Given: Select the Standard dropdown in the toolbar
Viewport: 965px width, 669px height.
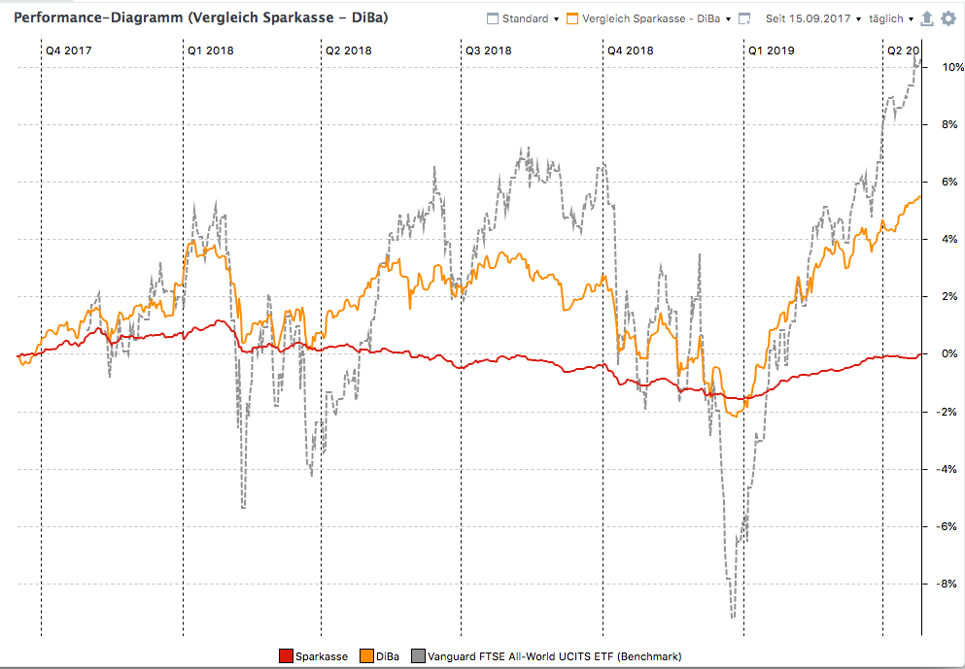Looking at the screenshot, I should click(x=523, y=18).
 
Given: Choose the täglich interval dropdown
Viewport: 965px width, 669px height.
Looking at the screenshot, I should click(x=889, y=18).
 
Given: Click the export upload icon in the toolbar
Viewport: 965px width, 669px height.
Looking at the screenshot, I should click(x=926, y=18).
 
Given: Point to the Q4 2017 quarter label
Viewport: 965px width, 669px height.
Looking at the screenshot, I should click(x=69, y=50).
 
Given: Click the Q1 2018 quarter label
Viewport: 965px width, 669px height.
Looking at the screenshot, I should click(x=210, y=50).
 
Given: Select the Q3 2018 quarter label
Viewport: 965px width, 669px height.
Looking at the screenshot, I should click(x=488, y=50).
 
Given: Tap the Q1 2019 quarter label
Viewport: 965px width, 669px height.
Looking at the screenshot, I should click(x=771, y=50).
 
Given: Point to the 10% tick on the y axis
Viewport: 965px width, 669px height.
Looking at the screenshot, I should click(x=943, y=67).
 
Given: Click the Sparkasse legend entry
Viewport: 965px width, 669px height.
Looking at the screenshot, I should click(x=313, y=656).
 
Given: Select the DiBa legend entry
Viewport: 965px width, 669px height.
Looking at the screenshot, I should click(x=379, y=656).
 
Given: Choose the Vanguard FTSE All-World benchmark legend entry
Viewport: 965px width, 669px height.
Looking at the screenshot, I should click(x=546, y=656).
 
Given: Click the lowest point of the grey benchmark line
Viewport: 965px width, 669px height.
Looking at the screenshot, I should click(x=733, y=617).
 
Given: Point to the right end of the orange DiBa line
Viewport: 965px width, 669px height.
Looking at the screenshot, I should click(x=920, y=197).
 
